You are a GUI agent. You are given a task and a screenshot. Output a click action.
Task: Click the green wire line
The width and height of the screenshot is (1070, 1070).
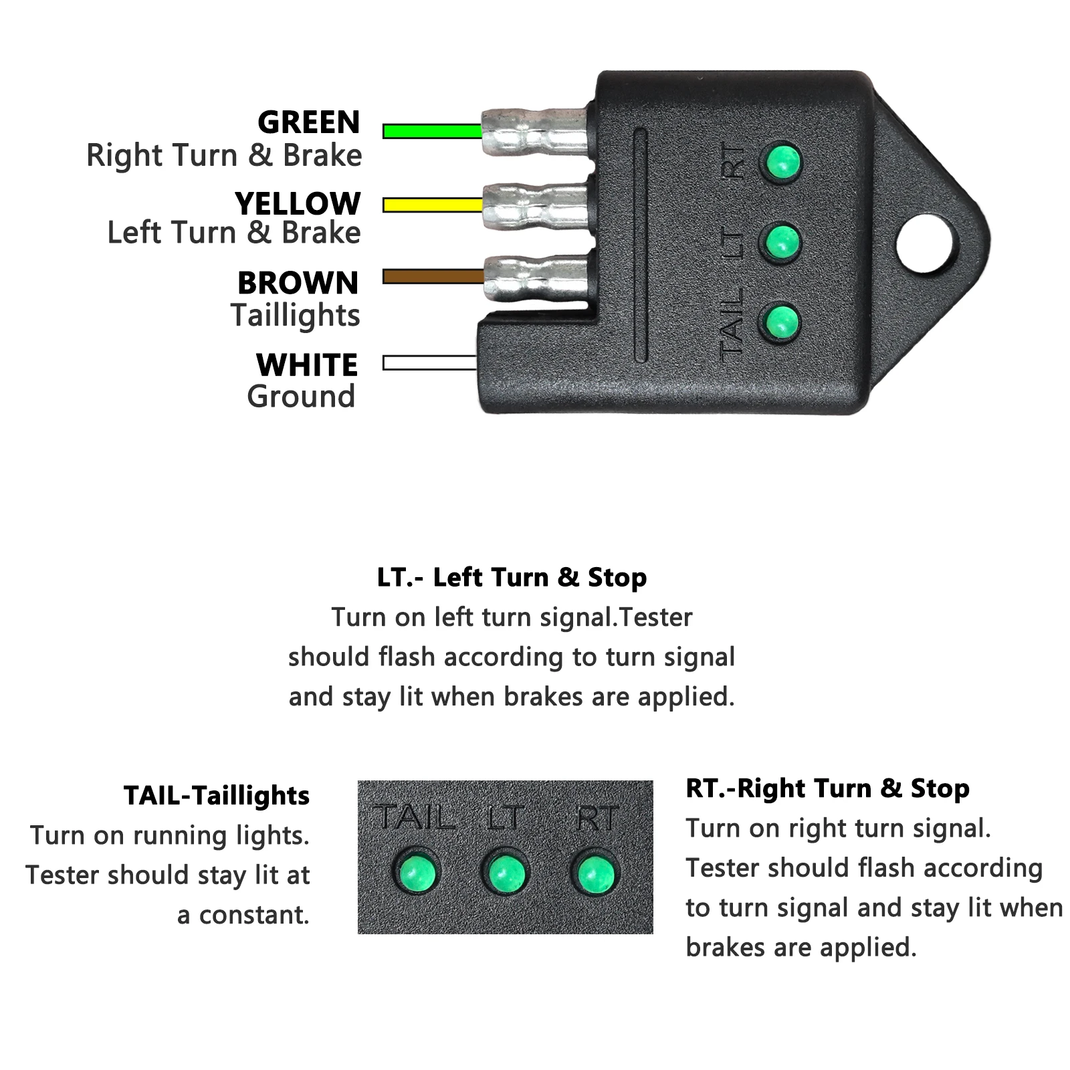[433, 131]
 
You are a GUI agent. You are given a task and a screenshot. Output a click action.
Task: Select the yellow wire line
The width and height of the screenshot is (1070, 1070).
[433, 205]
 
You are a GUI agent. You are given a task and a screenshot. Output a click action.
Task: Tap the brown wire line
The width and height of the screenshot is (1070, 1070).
[433, 276]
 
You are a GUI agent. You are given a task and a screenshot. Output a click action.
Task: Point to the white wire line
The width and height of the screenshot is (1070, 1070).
[430, 363]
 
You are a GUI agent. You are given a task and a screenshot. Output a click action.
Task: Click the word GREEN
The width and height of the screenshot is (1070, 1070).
[309, 122]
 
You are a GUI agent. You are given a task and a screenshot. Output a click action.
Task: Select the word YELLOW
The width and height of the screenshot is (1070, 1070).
[298, 203]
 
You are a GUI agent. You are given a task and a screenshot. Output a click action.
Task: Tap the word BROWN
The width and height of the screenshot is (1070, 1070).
[298, 283]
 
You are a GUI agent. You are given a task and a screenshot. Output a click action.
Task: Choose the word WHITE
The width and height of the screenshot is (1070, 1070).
[307, 365]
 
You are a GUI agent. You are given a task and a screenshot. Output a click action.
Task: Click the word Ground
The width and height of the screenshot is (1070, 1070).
[301, 397]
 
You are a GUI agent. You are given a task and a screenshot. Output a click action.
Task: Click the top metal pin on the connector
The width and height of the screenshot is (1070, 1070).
[535, 131]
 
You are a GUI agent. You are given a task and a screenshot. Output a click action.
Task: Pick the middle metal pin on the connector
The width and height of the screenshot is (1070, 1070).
[536, 205]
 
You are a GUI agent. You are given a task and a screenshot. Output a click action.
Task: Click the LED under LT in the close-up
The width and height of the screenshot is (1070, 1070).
[505, 873]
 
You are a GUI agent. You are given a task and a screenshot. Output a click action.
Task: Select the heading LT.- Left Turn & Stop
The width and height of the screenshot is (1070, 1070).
[512, 577]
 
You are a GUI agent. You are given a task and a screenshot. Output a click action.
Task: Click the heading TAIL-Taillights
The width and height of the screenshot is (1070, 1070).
[217, 796]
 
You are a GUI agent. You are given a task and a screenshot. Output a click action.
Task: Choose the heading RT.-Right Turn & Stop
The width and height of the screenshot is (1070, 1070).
[828, 788]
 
